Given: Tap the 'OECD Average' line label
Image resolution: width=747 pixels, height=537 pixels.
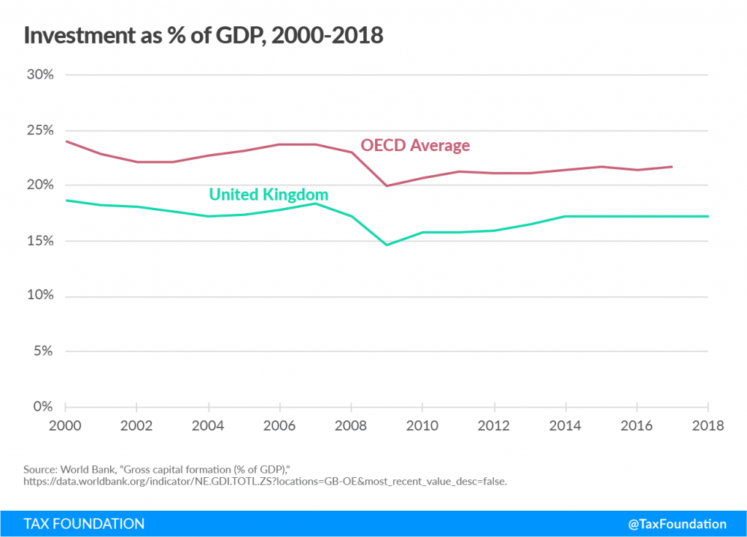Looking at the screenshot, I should (x=415, y=145).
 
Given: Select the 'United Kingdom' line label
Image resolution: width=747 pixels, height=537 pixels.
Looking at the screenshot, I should (x=268, y=195).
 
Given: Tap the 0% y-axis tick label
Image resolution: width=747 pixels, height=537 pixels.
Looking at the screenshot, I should (x=42, y=406).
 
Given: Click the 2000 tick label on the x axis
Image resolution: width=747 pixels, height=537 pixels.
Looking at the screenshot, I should (x=66, y=425).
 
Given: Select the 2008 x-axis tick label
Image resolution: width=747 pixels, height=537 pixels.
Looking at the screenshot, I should (x=352, y=425).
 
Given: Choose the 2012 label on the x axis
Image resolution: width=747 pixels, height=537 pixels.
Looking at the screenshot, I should (x=495, y=425).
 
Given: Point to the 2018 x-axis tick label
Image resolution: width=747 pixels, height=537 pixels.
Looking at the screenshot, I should (x=708, y=425).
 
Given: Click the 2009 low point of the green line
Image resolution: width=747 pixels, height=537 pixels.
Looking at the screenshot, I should (x=387, y=244).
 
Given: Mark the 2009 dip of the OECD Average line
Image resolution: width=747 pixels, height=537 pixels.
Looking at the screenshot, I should (x=387, y=186).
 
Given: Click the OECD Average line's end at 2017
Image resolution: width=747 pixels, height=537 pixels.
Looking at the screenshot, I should (x=672, y=166).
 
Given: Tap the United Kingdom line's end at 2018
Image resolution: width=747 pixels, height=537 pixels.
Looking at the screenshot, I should (x=708, y=216).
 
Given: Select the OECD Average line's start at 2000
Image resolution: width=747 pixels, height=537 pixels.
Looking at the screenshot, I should (x=66, y=141).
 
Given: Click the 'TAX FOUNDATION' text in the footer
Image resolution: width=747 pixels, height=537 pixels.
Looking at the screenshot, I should (x=84, y=524).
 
